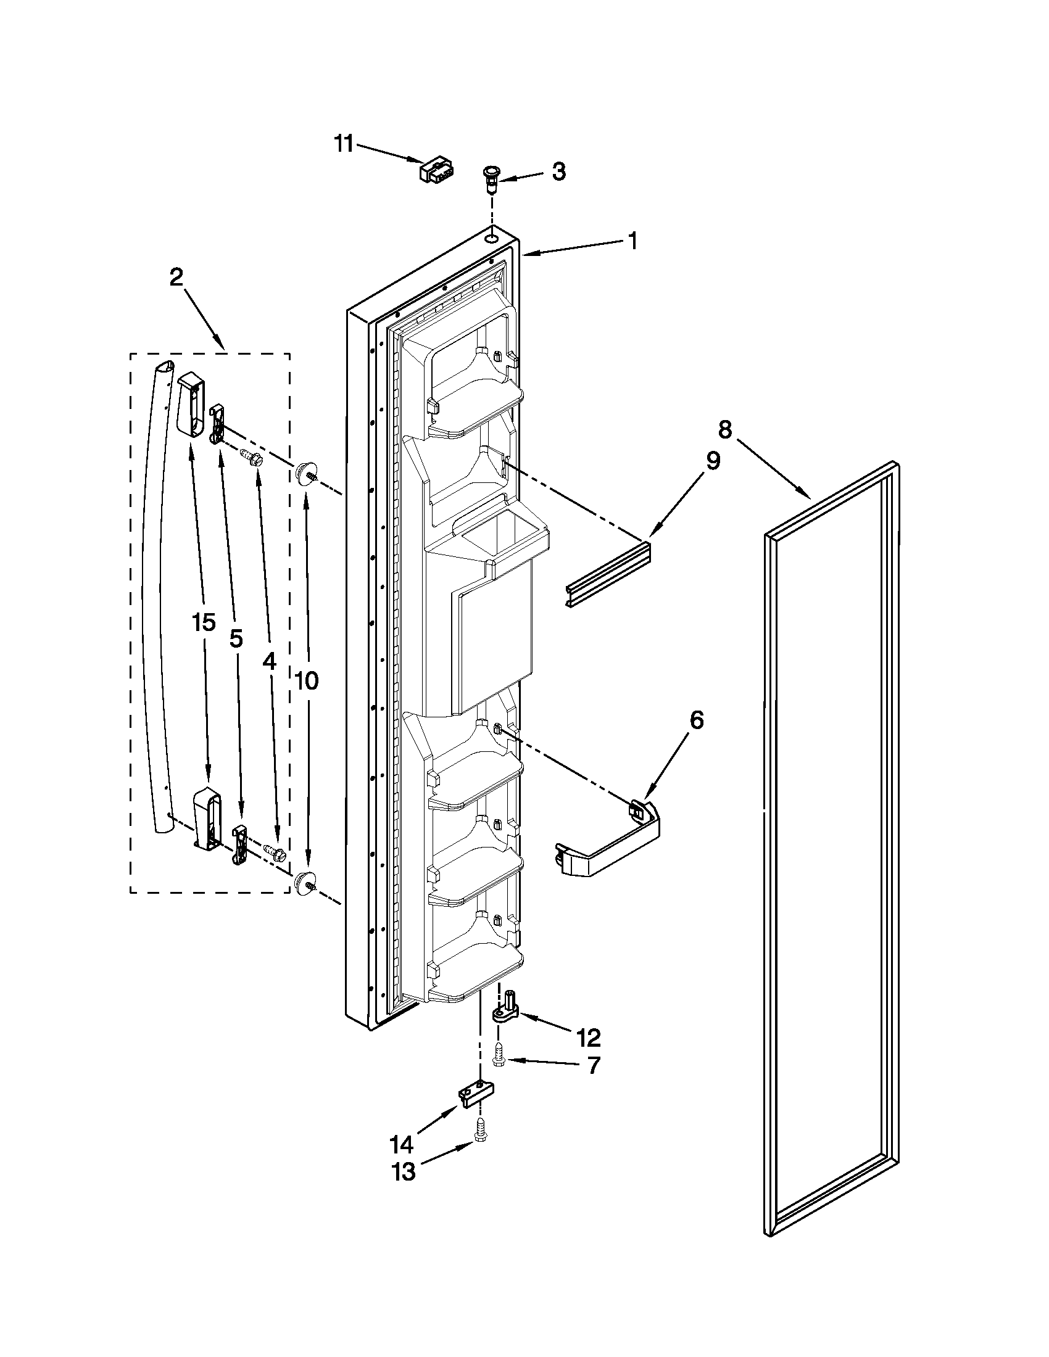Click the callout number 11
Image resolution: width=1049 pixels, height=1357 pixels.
343,144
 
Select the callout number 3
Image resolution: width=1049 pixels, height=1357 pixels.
558,171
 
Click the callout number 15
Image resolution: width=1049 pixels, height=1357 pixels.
203,622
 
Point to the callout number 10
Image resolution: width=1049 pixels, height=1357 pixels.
307,681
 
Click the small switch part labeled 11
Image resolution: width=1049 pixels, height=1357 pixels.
437,169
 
